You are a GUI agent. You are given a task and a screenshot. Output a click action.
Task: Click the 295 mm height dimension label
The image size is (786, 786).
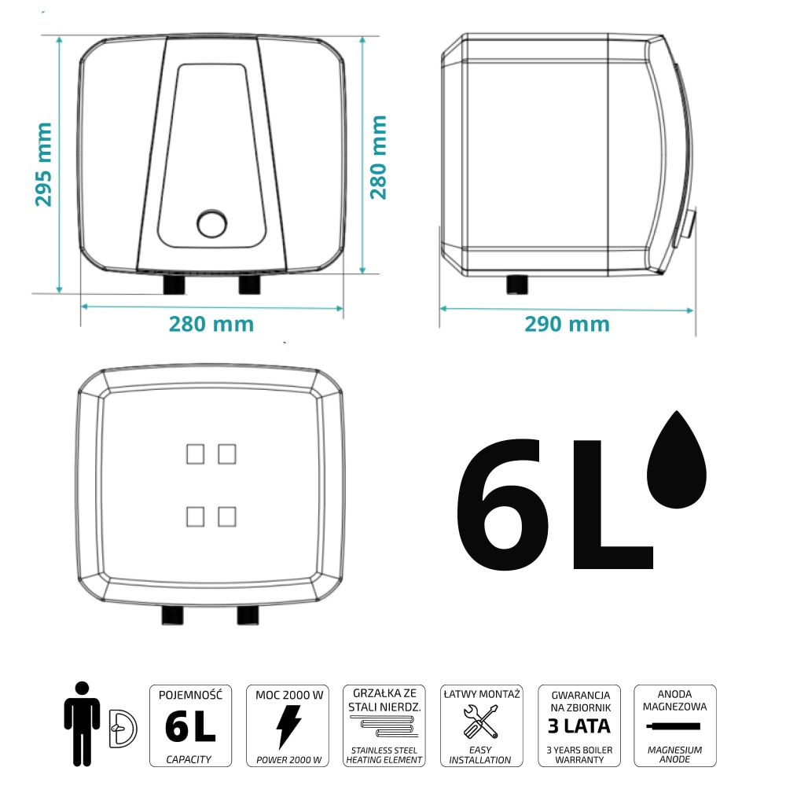point(43,164)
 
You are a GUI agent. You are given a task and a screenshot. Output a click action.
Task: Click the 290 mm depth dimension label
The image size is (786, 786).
point(567,325)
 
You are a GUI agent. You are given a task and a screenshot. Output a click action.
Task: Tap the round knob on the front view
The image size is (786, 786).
point(212,223)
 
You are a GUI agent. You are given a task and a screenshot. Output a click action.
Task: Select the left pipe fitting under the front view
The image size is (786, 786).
point(174,285)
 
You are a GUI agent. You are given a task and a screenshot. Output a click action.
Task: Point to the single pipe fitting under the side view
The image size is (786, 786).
point(517,285)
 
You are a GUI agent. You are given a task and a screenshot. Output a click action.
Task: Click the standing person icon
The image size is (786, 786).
point(83,723)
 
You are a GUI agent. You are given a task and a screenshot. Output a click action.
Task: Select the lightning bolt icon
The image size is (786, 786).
point(288,727)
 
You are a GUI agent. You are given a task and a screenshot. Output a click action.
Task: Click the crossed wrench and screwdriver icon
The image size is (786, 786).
point(481,722)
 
